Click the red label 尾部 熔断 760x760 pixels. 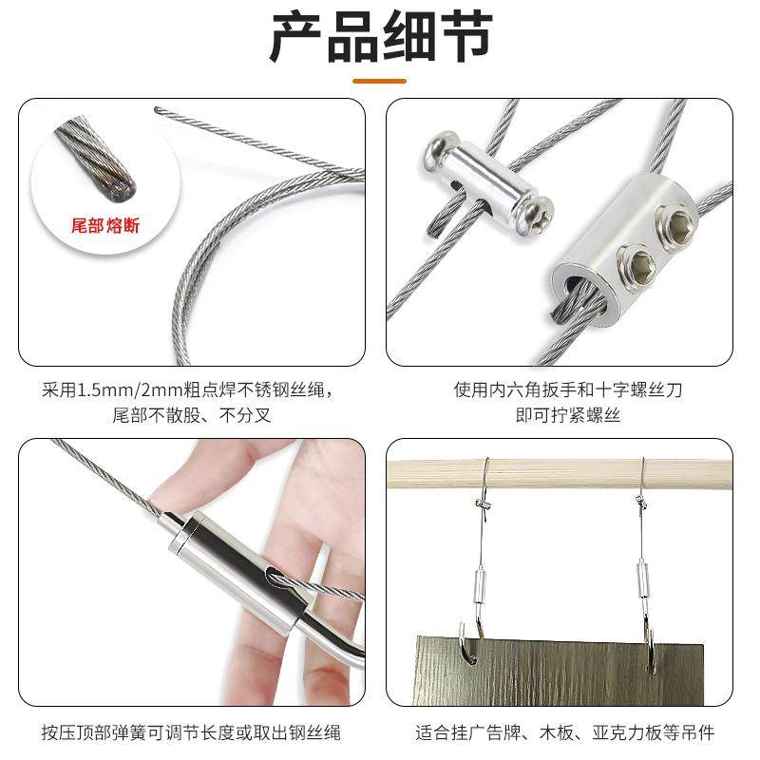tap(105, 226)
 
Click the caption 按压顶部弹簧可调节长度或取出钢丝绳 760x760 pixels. tap(191, 732)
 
